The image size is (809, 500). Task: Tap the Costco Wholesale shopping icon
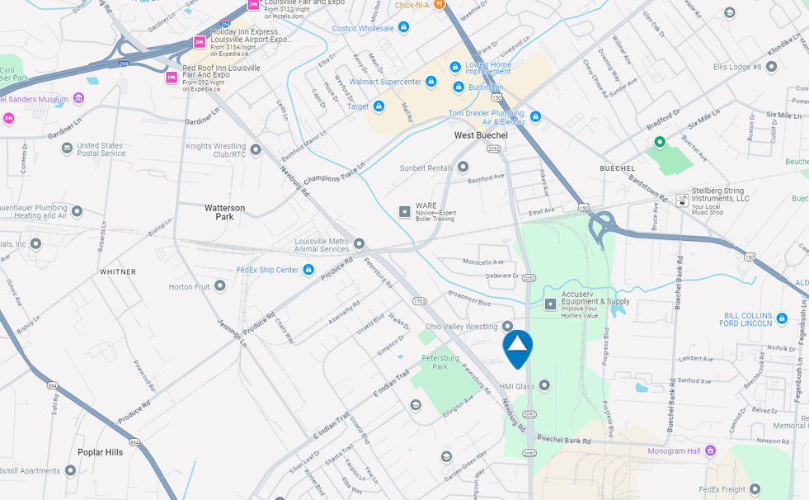[x=404, y=27]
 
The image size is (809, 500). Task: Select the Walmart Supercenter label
[x=385, y=82]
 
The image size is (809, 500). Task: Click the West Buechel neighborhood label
[x=481, y=135]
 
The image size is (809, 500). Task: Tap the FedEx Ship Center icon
[x=308, y=270]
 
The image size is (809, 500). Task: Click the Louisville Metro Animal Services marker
[x=360, y=243]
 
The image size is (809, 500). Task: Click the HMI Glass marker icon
[x=544, y=385]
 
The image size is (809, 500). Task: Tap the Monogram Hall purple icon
[x=711, y=450]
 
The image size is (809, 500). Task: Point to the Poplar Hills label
[x=100, y=452]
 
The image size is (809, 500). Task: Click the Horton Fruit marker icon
[x=220, y=286]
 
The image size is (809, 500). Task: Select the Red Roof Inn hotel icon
[x=172, y=78]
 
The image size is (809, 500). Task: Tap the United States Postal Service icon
[x=67, y=149]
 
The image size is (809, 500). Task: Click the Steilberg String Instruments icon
[x=682, y=200]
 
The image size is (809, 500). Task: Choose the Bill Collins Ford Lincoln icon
[x=782, y=318]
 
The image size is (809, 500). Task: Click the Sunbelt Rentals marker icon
[x=463, y=167]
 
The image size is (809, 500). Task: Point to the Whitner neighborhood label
[x=118, y=271]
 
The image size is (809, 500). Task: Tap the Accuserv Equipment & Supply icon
[x=550, y=304]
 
